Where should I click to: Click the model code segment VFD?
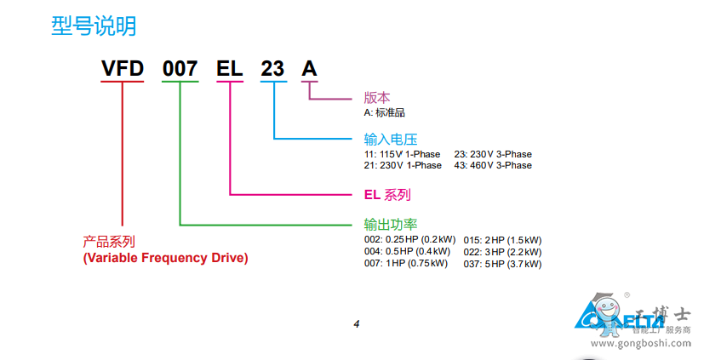pyautogui.click(x=122, y=69)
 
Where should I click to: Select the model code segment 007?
pyautogui.click(x=180, y=69)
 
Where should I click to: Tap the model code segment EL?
pyautogui.click(x=230, y=69)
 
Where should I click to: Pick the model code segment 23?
pyautogui.click(x=272, y=69)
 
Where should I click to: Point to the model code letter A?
pyautogui.click(x=310, y=69)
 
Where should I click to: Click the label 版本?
pyautogui.click(x=377, y=98)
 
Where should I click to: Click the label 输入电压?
pyautogui.click(x=390, y=140)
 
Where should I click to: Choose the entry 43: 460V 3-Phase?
pyautogui.click(x=493, y=165)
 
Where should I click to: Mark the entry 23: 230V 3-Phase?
pyautogui.click(x=493, y=154)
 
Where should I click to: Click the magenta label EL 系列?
pyautogui.click(x=386, y=195)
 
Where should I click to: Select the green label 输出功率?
pyautogui.click(x=390, y=225)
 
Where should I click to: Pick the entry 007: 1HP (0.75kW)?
pyautogui.click(x=406, y=264)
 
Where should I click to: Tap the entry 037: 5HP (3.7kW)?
pyautogui.click(x=502, y=264)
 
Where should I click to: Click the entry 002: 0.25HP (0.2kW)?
pyautogui.click(x=409, y=240)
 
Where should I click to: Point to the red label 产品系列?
pyautogui.click(x=109, y=243)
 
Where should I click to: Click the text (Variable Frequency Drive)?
pyautogui.click(x=165, y=258)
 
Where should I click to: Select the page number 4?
pyautogui.click(x=357, y=323)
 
